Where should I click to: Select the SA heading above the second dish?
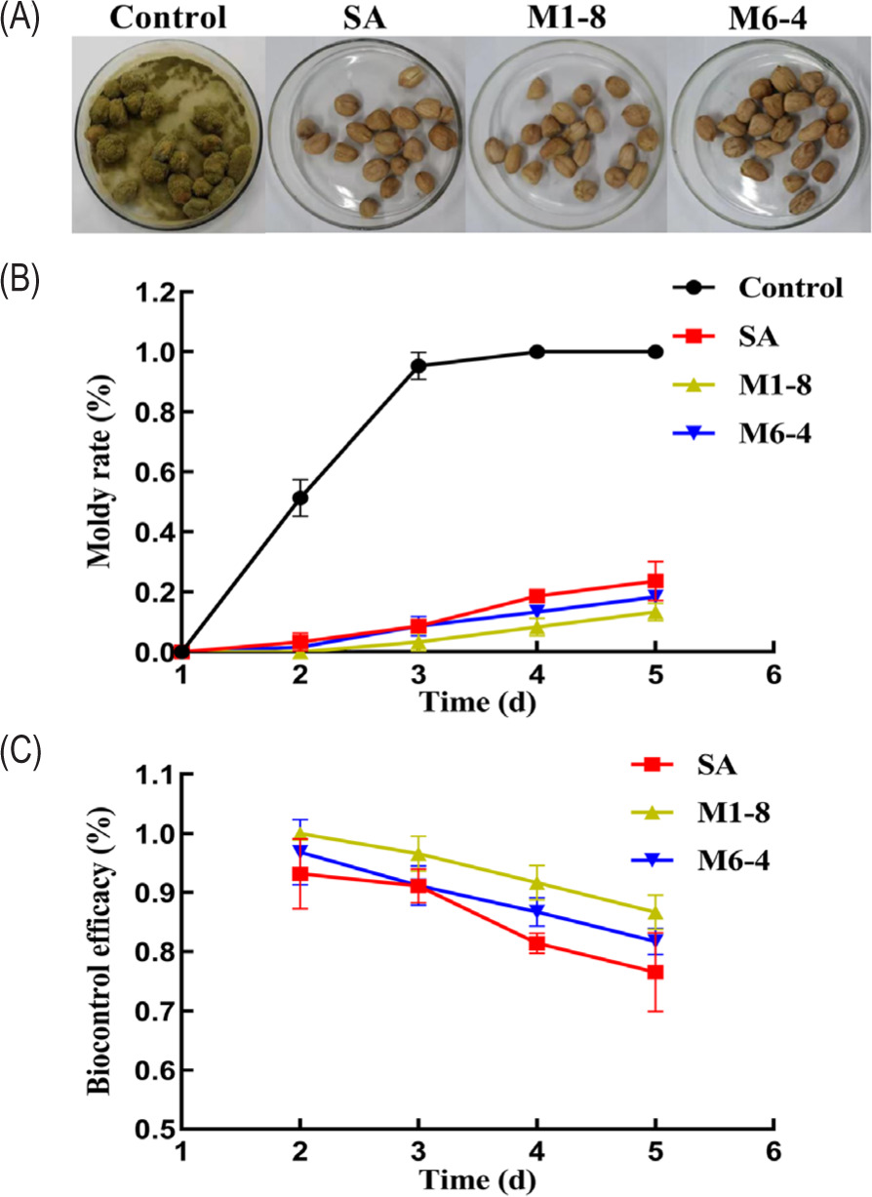coord(365,19)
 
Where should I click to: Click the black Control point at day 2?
coord(299,499)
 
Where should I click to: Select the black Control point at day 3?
coord(418,366)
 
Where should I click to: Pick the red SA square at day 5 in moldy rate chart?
coord(655,581)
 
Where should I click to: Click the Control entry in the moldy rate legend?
coord(790,288)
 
